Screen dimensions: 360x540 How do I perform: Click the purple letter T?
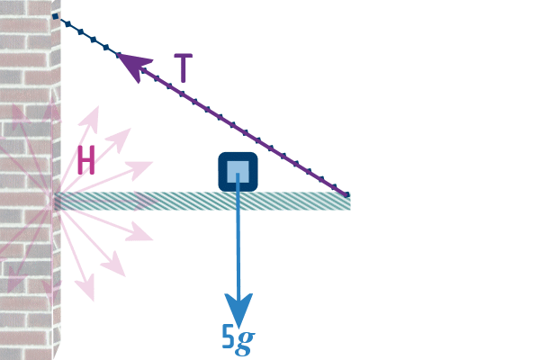pyautogui.click(x=183, y=68)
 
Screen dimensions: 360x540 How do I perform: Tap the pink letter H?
pyautogui.click(x=86, y=161)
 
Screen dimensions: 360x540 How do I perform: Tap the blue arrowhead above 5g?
pyautogui.click(x=238, y=310)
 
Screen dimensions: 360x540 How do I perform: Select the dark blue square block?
pyautogui.click(x=238, y=171)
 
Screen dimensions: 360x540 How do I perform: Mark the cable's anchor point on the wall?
pyautogui.click(x=56, y=16)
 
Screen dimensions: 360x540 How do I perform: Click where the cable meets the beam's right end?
pyautogui.click(x=346, y=194)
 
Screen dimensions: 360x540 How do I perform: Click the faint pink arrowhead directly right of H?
pyautogui.click(x=142, y=166)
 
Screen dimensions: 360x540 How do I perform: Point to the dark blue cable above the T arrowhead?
pyautogui.click(x=90, y=38)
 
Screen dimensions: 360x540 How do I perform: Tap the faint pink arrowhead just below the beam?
pyautogui.click(x=142, y=236)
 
